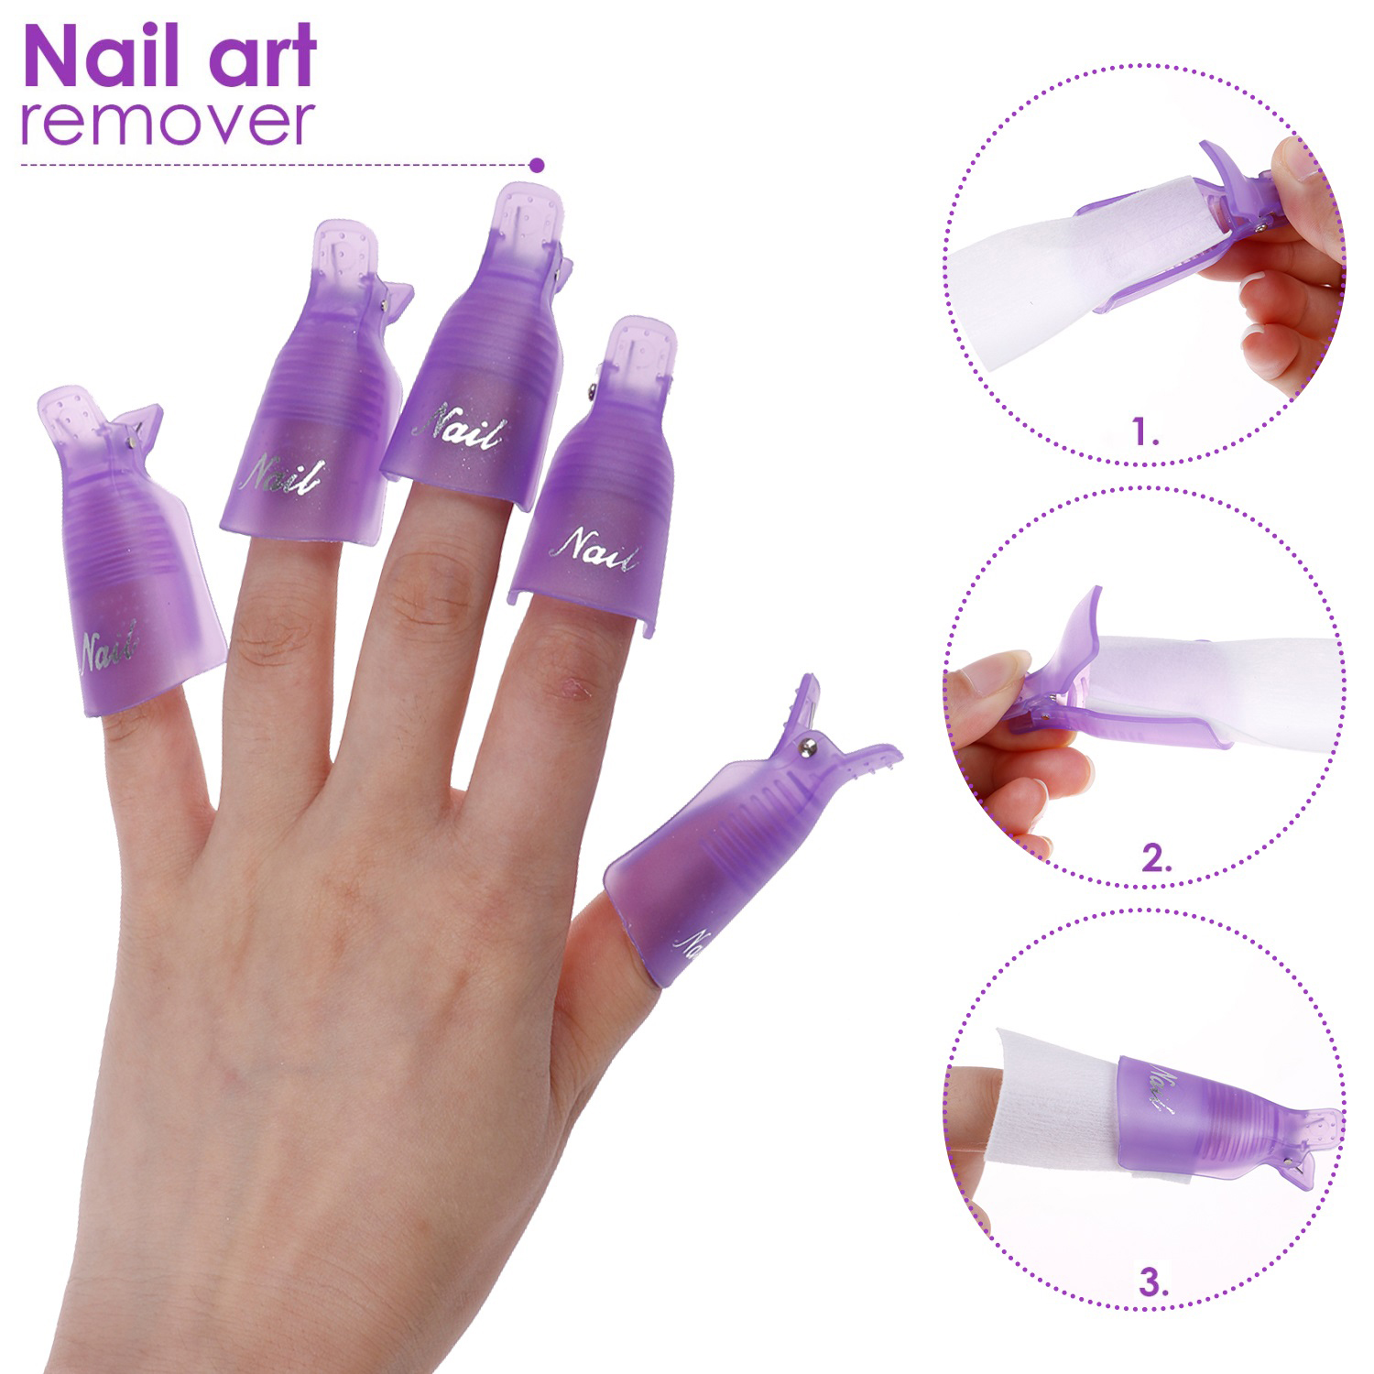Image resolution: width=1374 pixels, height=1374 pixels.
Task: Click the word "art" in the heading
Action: coord(257,59)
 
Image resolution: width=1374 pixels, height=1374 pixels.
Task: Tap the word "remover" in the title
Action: coord(168,123)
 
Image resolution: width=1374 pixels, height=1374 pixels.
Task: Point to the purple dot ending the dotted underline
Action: coord(538,165)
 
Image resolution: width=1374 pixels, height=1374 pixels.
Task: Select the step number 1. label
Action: coord(1145,431)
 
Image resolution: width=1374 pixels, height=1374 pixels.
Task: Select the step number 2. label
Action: coord(1156,858)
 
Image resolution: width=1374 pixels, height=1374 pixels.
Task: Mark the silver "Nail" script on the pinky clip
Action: coord(109,648)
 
